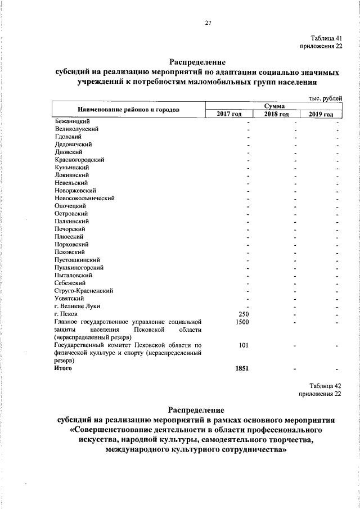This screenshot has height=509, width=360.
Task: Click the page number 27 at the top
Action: point(208,23)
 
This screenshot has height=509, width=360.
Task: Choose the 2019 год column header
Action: point(322,114)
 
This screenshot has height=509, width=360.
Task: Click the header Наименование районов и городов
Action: point(125,110)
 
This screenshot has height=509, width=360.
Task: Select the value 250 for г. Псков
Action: point(244,314)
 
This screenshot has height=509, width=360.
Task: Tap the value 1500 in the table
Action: point(242,322)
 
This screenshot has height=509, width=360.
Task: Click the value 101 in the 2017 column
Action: point(244,345)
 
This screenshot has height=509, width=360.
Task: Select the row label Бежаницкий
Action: point(73,121)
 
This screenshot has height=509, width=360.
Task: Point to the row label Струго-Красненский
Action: point(84,291)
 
